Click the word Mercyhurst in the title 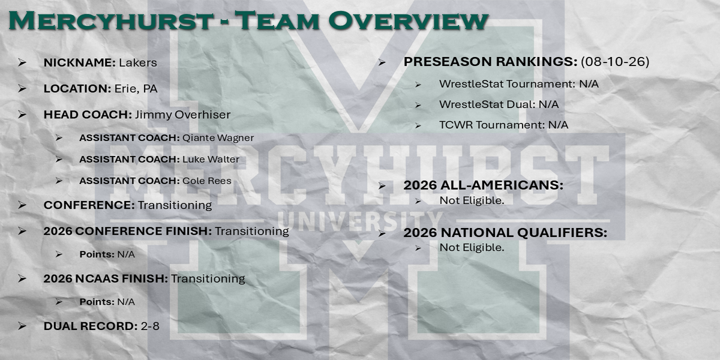tap(111, 20)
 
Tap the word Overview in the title tap(408, 20)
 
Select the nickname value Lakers tap(138, 62)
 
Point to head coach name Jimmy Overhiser tap(182, 115)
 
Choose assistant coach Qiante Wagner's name tap(218, 138)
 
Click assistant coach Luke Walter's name tap(211, 160)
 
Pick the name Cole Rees tap(207, 181)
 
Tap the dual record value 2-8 tap(150, 326)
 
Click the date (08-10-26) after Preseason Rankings tap(615, 62)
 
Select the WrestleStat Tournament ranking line tap(519, 84)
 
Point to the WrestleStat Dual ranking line tap(499, 104)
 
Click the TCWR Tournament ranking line tap(503, 125)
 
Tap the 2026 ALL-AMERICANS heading tap(484, 185)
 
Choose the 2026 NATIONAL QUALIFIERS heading tap(505, 233)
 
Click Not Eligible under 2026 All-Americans tap(472, 200)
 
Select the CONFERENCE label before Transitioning tap(89, 205)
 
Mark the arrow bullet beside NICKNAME tap(22, 62)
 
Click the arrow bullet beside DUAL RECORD tap(22, 326)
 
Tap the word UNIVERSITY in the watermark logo tap(360, 221)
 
